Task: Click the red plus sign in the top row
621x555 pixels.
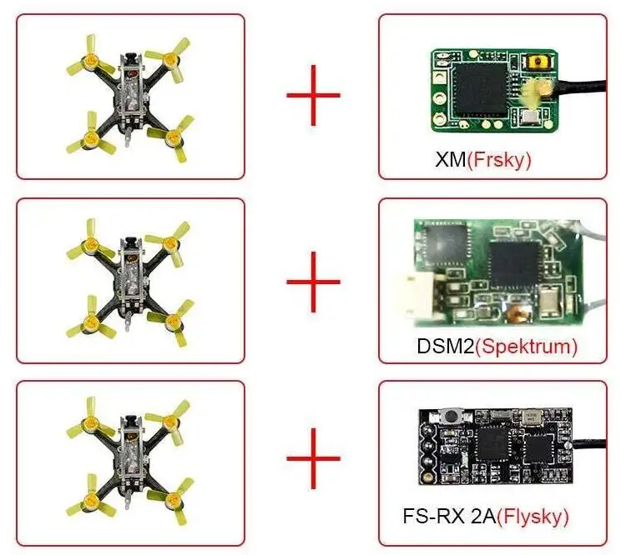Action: coord(314,95)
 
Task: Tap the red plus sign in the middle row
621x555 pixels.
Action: coord(314,281)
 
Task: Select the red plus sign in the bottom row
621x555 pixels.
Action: coord(314,458)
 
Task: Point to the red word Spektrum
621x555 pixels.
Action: coord(526,344)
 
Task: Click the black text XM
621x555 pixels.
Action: coord(451,159)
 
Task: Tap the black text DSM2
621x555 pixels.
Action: coord(445,344)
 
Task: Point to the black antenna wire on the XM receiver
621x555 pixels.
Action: coord(584,82)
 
